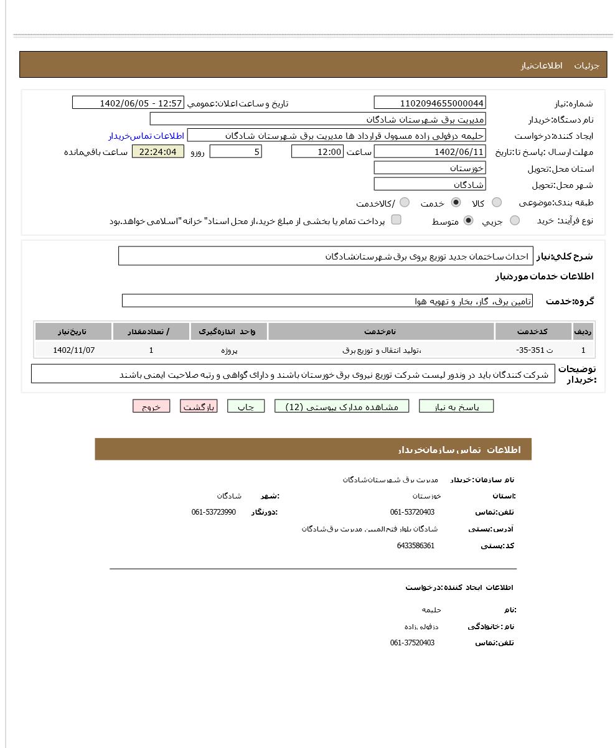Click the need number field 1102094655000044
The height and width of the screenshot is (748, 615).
430,103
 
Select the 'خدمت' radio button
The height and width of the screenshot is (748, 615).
456,202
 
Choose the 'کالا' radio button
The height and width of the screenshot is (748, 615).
497,202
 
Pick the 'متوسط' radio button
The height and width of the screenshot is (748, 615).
468,220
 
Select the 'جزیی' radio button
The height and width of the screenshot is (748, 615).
515,220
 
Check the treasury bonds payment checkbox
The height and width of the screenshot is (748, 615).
396,220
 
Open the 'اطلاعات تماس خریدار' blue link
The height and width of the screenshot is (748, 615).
146,136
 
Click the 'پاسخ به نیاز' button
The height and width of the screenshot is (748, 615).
456,406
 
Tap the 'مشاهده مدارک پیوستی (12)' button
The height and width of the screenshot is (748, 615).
342,406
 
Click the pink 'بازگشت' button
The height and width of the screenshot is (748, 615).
199,406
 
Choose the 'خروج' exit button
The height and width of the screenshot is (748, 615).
151,406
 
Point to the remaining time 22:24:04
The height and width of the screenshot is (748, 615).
158,152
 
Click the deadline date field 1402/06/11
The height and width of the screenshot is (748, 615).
430,152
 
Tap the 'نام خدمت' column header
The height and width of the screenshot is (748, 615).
381,332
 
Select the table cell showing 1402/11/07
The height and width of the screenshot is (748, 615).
74,350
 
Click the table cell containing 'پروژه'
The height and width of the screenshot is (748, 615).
229,350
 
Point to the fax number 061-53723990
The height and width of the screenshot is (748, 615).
214,512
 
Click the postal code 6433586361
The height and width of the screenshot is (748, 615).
416,546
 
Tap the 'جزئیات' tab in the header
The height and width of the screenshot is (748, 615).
586,65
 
